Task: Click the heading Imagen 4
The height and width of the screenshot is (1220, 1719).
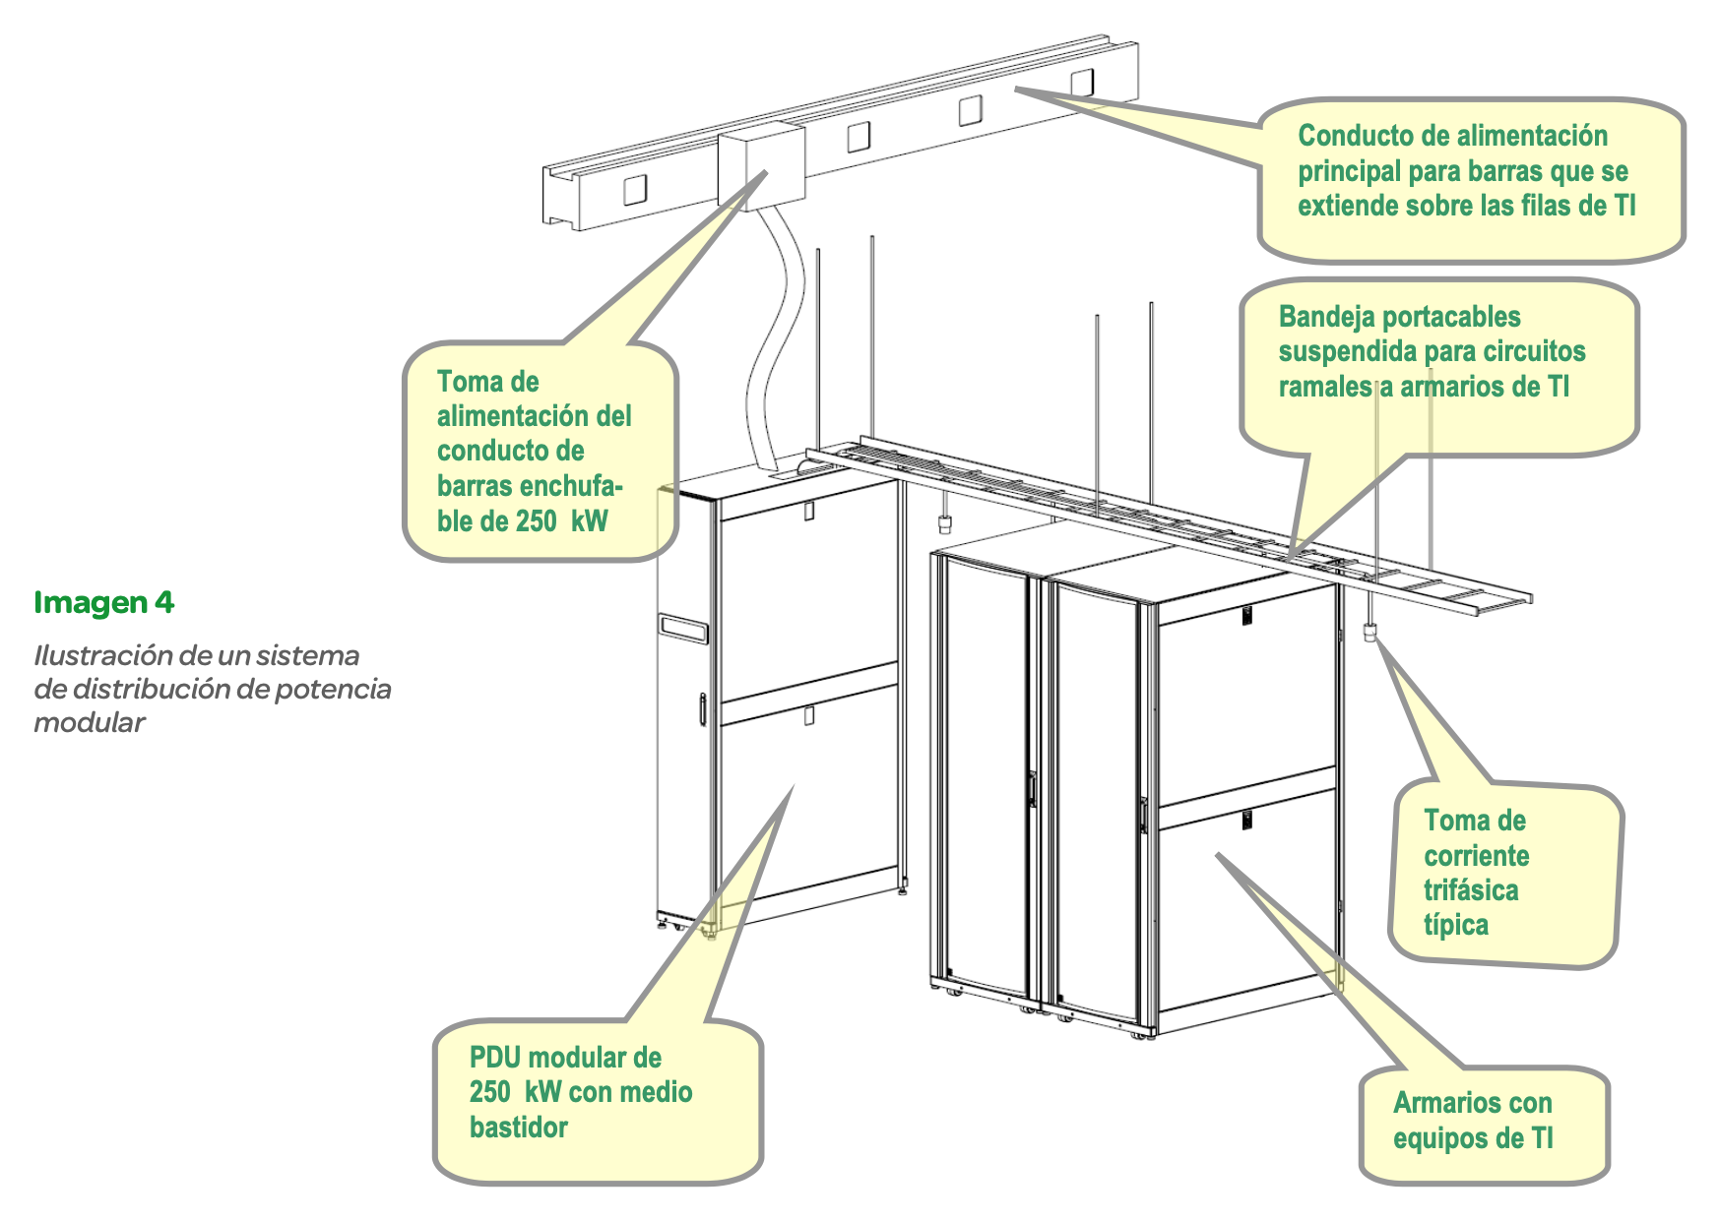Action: click(103, 602)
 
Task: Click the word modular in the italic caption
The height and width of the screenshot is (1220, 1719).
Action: click(89, 722)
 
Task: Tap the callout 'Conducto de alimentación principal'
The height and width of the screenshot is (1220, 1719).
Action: click(1471, 180)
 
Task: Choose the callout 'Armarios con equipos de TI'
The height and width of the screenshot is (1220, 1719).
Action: click(1484, 1125)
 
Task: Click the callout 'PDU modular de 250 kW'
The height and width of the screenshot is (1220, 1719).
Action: click(598, 1100)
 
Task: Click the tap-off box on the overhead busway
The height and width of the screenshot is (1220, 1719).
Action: click(761, 164)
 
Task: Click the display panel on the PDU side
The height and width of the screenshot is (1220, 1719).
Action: click(684, 628)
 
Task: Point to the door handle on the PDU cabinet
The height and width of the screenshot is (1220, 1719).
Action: click(701, 708)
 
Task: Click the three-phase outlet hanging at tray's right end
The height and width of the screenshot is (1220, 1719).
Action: click(1369, 631)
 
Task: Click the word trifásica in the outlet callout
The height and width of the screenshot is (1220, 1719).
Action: click(1471, 890)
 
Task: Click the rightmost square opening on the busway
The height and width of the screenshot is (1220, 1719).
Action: click(1081, 82)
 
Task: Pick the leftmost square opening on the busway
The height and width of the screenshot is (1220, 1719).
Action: click(635, 189)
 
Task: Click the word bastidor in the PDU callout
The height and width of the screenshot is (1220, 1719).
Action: click(518, 1128)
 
